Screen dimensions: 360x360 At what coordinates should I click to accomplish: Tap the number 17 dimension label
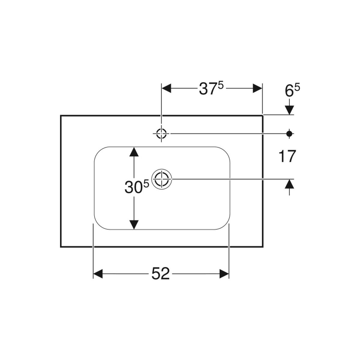point(287,156)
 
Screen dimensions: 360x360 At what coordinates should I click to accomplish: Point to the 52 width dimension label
point(160,273)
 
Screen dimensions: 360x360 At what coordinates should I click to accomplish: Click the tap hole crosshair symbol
point(161,133)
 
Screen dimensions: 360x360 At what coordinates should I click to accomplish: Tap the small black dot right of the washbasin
point(289,133)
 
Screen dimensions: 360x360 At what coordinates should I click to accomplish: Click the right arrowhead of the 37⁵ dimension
point(258,88)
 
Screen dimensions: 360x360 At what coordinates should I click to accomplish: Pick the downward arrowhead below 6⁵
point(289,110)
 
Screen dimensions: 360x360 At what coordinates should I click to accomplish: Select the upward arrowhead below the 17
point(289,184)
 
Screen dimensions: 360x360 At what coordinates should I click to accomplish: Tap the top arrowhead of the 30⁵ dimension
point(134,152)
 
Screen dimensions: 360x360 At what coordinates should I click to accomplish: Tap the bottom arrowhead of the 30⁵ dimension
point(134,224)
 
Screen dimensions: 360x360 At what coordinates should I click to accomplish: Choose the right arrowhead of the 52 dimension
point(224,273)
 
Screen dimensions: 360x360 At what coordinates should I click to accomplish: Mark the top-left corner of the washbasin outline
point(61,115)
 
